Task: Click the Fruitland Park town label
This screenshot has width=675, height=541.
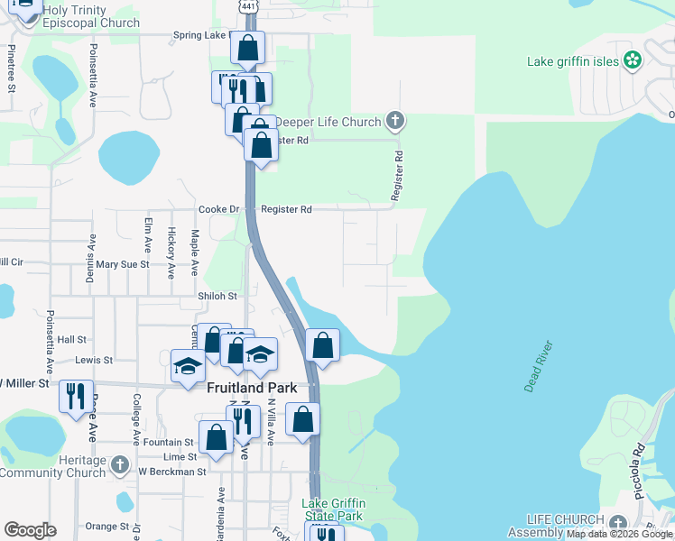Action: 252,389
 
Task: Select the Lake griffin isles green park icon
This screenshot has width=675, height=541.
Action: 633,61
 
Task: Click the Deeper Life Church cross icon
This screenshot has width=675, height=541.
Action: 394,120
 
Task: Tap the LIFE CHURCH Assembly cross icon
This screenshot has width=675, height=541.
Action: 617,524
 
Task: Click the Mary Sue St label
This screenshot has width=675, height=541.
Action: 123,264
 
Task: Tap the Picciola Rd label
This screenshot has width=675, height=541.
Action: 640,461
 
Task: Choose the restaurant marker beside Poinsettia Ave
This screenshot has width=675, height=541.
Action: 75,396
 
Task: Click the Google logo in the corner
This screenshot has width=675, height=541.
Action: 30,530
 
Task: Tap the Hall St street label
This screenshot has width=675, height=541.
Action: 70,340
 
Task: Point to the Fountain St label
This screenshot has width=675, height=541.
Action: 175,443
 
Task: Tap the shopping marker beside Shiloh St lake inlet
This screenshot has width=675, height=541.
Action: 322,345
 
